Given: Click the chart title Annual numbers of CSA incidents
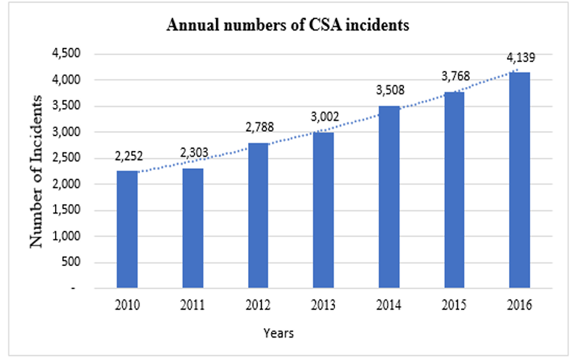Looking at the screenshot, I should pos(288,26).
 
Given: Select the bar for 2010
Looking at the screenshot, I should pos(127,230).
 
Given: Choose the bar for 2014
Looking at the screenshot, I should pos(389,197).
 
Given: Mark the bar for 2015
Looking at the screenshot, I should pos(454,190).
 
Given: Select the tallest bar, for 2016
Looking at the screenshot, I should pos(519,180).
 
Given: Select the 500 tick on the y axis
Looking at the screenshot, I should pos(67,263).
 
